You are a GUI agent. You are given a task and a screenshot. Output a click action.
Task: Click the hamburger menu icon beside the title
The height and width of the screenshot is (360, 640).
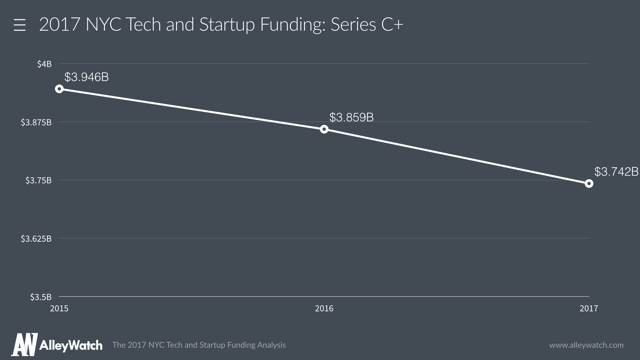pos(20,25)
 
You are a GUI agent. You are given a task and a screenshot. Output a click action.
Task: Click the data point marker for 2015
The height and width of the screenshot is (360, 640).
pos(59,89)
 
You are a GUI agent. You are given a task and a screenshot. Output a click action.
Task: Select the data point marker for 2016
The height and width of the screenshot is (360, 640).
pos(324,129)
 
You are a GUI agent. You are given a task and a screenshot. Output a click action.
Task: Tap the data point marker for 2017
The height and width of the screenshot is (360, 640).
pos(589,184)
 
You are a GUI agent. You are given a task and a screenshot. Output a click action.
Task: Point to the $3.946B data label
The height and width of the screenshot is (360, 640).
pos(87,77)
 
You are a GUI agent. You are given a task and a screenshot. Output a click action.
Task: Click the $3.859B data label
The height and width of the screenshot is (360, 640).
pos(351,117)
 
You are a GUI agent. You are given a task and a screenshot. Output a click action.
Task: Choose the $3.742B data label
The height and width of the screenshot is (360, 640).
pos(616,172)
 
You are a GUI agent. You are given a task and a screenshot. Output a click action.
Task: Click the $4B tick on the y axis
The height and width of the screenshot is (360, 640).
pos(44,64)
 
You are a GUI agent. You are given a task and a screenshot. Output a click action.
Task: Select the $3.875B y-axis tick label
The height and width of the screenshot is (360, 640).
pos(36,122)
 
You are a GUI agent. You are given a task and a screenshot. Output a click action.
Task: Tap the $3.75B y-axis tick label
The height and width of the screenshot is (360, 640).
pos(39,180)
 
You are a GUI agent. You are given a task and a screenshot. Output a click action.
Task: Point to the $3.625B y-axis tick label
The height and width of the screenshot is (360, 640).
pos(36,239)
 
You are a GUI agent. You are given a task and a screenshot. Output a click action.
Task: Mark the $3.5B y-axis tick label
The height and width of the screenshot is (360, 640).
pos(41,297)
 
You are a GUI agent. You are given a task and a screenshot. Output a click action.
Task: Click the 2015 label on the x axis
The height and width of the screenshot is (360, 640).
pos(59,308)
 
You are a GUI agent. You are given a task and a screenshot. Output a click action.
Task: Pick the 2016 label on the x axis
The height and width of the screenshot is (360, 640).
pos(324,308)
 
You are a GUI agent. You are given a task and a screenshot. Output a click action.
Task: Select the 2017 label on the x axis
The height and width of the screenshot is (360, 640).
pos(589,308)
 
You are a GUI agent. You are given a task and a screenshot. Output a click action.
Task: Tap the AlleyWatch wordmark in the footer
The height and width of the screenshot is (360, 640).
pos(71,345)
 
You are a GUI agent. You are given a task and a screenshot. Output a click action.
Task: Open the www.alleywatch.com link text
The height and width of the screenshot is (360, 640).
pos(586,345)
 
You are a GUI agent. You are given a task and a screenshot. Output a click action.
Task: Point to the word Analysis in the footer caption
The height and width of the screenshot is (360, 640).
pos(271,345)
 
